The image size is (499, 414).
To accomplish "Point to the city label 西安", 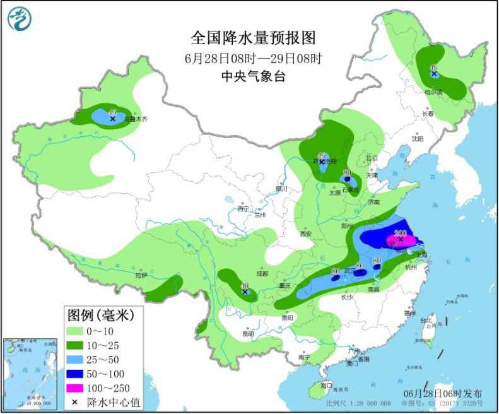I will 306,233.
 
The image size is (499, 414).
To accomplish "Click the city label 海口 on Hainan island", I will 326,384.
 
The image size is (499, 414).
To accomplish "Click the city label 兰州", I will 261,215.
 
